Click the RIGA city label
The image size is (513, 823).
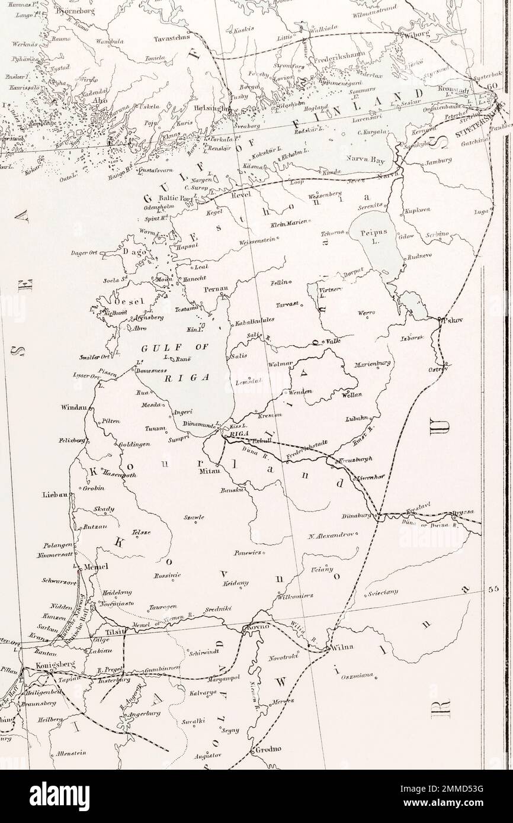[x=230, y=432]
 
